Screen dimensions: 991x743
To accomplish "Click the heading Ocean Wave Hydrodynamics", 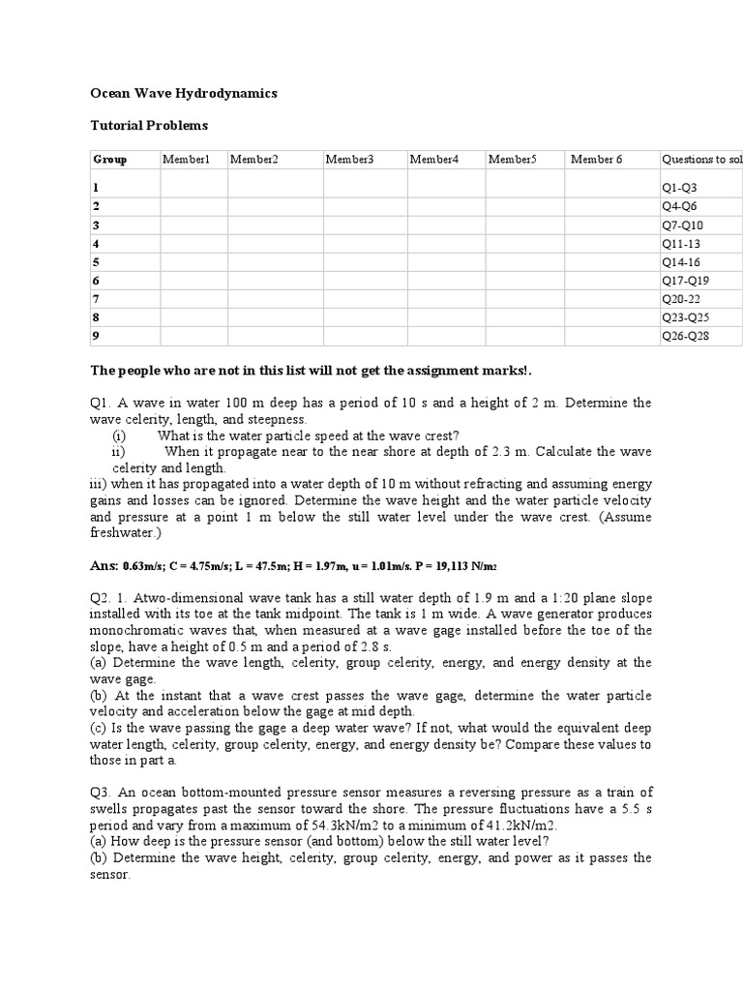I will pos(184,93).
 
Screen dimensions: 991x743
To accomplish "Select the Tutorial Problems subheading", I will pos(149,125).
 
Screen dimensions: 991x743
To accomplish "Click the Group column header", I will pos(109,159).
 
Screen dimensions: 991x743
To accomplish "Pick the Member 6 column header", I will pos(597,159).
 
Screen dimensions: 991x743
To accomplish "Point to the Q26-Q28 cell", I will pos(685,336).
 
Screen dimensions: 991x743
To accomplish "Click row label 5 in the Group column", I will pos(96,262).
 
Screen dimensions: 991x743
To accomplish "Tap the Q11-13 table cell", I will pos(681,244).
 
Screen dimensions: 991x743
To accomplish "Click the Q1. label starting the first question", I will pos(101,403).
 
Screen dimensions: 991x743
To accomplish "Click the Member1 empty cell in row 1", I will pos(193,188).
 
